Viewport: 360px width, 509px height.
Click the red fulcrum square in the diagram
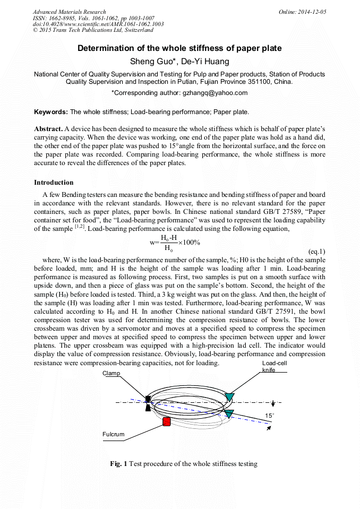click(166, 422)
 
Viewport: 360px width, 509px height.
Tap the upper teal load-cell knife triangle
click(229, 397)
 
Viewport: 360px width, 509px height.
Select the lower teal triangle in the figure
click(229, 414)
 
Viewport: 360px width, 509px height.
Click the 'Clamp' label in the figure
click(112, 373)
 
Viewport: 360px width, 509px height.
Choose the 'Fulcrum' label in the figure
click(113, 435)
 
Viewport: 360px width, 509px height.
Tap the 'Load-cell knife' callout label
click(274, 366)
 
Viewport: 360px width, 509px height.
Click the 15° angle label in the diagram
click(270, 416)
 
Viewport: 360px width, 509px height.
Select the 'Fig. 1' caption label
click(118, 464)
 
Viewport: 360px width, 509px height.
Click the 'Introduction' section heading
click(54, 183)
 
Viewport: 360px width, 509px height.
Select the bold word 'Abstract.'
click(48, 129)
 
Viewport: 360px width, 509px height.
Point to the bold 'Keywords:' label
click(51, 112)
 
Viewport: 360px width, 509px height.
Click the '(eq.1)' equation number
click(316, 251)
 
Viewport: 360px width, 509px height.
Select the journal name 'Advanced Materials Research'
click(69, 12)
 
